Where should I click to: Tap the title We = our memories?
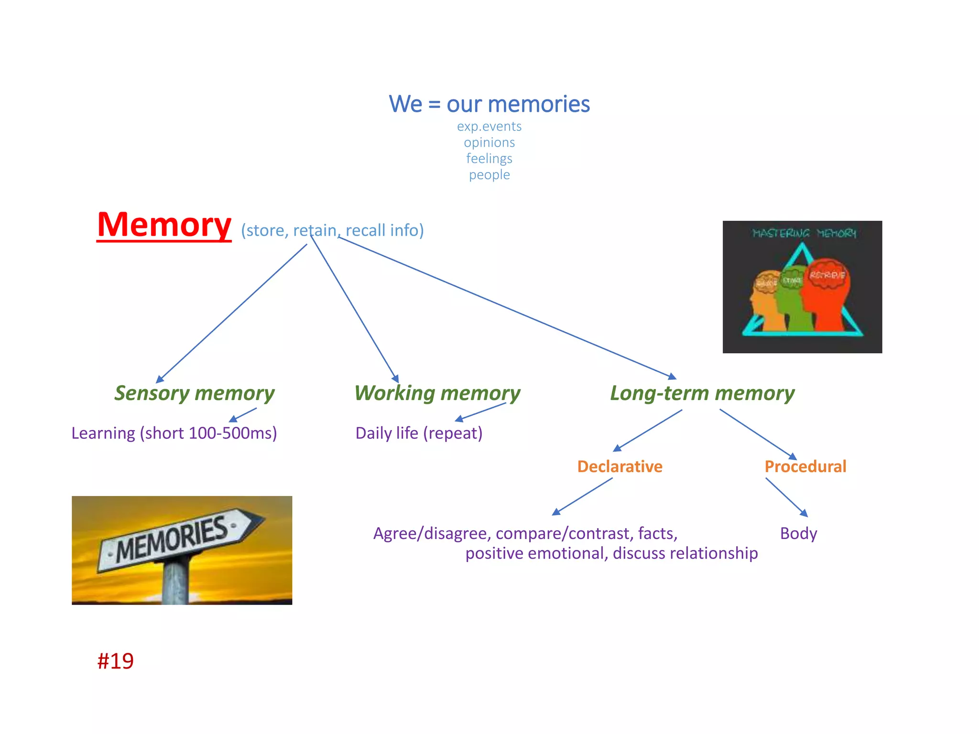click(489, 104)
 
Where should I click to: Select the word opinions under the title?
click(489, 142)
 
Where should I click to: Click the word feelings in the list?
click(489, 158)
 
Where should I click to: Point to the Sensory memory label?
click(194, 393)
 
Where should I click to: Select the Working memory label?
click(437, 393)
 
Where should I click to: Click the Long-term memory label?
click(702, 393)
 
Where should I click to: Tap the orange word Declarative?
click(620, 466)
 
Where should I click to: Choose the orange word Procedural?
click(805, 466)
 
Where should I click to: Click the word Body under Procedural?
click(798, 533)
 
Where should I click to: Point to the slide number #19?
click(115, 661)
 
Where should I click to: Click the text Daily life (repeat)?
click(419, 433)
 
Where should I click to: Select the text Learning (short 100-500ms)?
click(174, 433)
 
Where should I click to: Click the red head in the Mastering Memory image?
click(825, 296)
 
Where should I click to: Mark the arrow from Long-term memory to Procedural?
click(758, 434)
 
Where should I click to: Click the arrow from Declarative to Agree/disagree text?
click(582, 497)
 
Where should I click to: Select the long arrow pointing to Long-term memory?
click(507, 308)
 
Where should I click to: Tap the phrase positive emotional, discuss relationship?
click(611, 553)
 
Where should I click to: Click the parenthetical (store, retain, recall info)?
click(332, 230)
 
